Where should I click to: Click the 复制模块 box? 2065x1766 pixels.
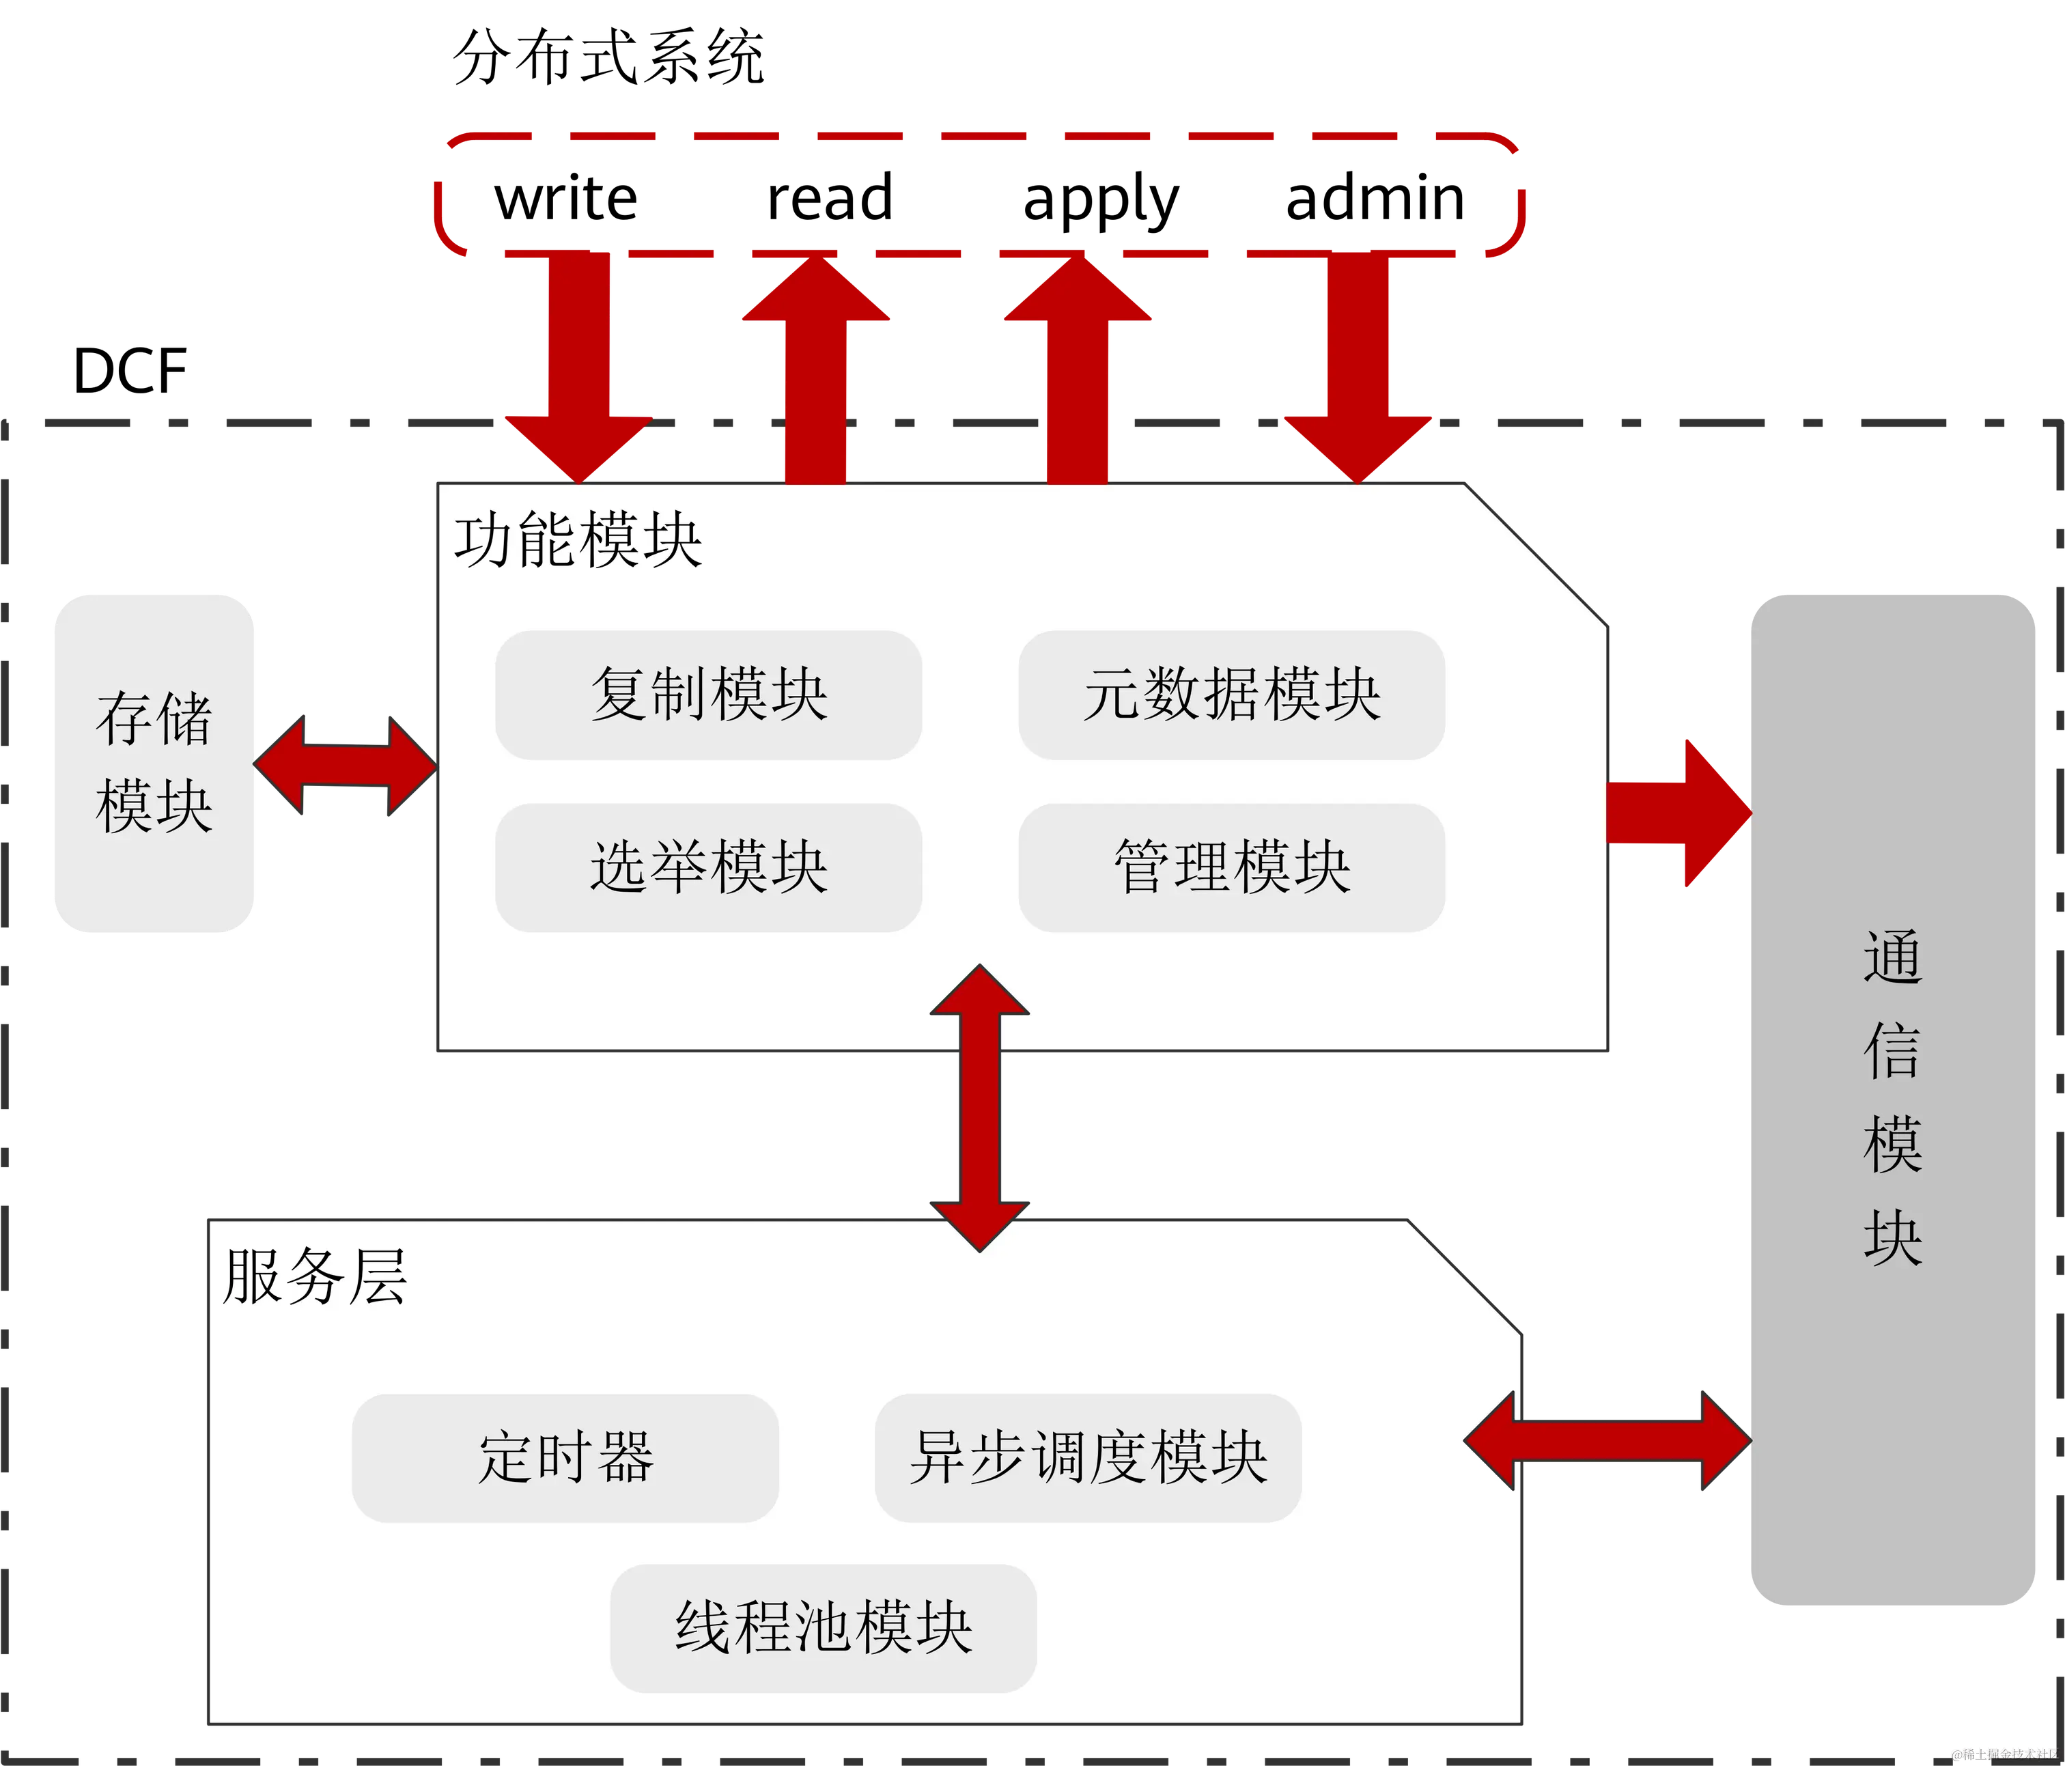[709, 695]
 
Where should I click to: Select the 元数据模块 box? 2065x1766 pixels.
[1232, 695]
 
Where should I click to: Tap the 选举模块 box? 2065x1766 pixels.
[709, 867]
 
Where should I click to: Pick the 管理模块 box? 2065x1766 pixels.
[1232, 867]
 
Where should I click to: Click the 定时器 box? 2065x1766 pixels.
[565, 1458]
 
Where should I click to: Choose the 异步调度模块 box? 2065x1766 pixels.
[1088, 1458]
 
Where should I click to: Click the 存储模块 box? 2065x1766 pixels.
[154, 762]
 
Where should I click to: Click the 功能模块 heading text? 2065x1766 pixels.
[578, 541]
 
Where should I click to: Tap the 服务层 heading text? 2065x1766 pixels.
[315, 1276]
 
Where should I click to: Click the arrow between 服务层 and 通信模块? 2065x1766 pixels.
[1607, 1441]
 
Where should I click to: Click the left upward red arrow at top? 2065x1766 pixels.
[815, 369]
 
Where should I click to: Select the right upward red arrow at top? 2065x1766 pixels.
[1078, 369]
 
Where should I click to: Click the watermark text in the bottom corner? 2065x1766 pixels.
[2004, 1753]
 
